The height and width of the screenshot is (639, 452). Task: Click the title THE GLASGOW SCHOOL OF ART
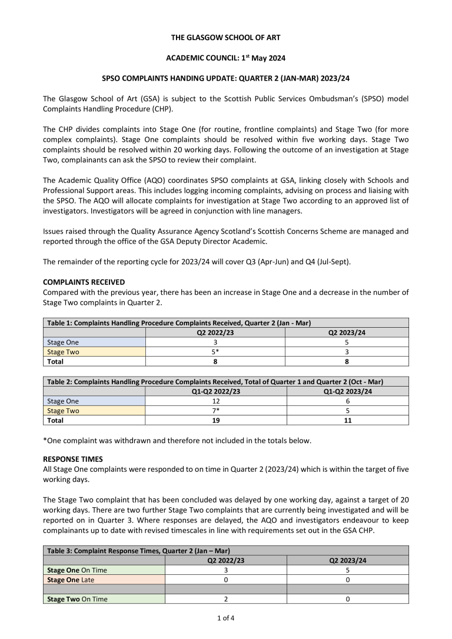click(226, 38)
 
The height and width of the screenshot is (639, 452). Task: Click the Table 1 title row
click(178, 323)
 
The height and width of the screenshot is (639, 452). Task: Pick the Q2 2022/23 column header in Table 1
click(215, 332)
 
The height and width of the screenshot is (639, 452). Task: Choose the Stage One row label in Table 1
click(63, 342)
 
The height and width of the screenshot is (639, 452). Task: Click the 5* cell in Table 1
click(215, 352)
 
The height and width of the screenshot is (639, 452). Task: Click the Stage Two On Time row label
click(77, 599)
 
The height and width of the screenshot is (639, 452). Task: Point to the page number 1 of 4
click(226, 618)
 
